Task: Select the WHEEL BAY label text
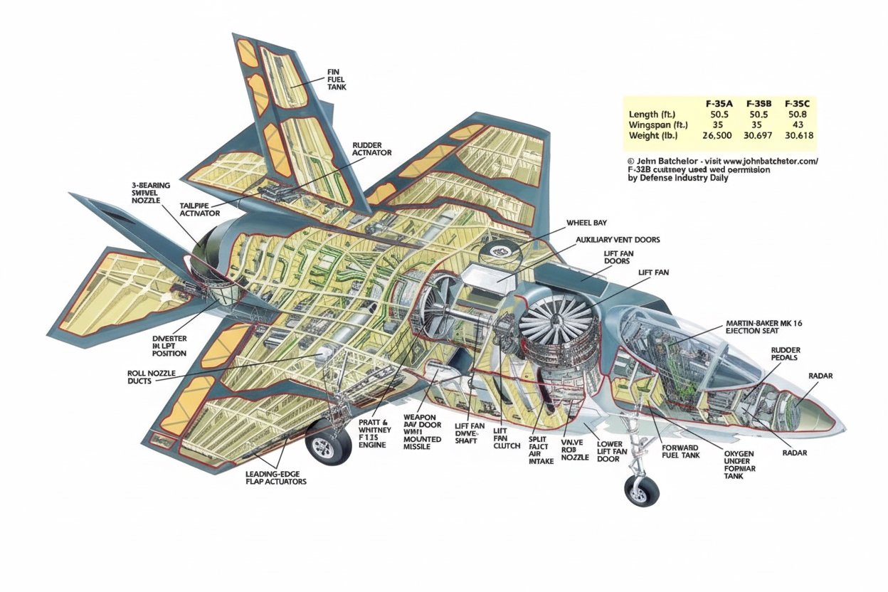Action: (586, 223)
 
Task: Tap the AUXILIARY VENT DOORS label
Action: (618, 240)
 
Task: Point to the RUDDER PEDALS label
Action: (786, 354)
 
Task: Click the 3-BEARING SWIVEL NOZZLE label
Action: (151, 193)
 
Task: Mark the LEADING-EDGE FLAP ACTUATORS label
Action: (275, 477)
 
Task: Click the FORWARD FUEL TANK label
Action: (681, 451)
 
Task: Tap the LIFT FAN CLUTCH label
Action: (502, 438)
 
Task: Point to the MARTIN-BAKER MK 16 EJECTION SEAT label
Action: (763, 327)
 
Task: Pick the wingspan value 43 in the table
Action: (797, 125)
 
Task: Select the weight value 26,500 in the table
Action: (717, 135)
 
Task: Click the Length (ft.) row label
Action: (652, 114)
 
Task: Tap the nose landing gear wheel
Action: (642, 490)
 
